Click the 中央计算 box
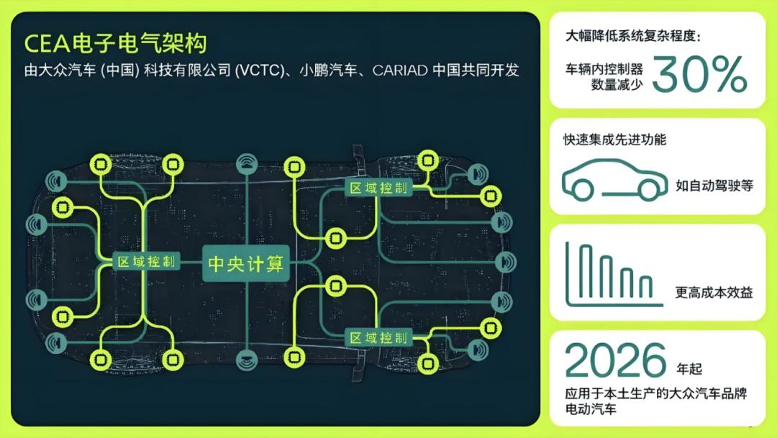pos(246,264)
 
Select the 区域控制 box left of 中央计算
pos(146,261)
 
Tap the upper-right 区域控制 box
pos(378,188)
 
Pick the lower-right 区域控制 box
pos(378,338)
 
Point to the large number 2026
pos(615,360)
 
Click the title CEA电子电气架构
pos(115,43)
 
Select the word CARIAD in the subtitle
pos(400,70)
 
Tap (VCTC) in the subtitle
pos(260,70)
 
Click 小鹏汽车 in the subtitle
pos(328,70)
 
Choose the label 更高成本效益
pos(714,292)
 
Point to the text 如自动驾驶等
pos(714,186)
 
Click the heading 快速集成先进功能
pos(615,140)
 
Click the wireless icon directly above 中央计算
pos(247,164)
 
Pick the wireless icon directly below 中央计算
pos(247,360)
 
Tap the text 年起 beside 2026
pos(689,369)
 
